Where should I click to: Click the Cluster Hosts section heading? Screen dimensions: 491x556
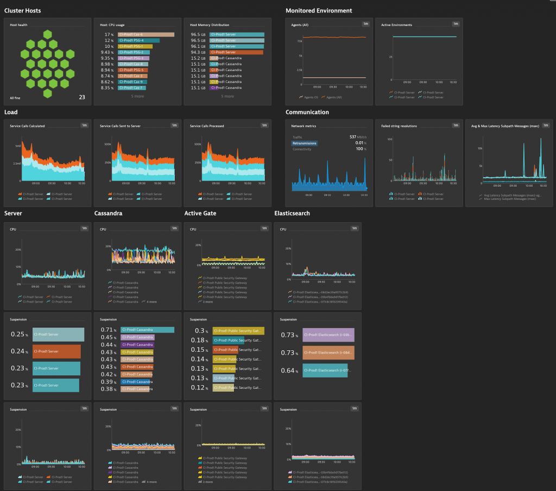point(22,10)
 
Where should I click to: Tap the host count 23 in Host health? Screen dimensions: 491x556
point(82,98)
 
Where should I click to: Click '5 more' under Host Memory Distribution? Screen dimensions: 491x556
point(228,96)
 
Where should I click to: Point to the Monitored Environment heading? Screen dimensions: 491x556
point(319,10)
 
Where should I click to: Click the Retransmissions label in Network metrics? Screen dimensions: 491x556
point(304,143)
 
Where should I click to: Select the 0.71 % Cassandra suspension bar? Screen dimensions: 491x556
point(147,330)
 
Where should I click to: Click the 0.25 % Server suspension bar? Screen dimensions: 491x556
point(58,335)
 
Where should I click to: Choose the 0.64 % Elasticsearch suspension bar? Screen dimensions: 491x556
point(324,371)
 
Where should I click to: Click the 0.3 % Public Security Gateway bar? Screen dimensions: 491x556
point(238,331)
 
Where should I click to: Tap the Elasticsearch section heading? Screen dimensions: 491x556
point(292,213)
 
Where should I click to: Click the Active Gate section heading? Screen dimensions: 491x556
point(200,213)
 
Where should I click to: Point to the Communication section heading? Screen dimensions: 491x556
point(307,112)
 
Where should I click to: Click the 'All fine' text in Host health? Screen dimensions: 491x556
point(16,98)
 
